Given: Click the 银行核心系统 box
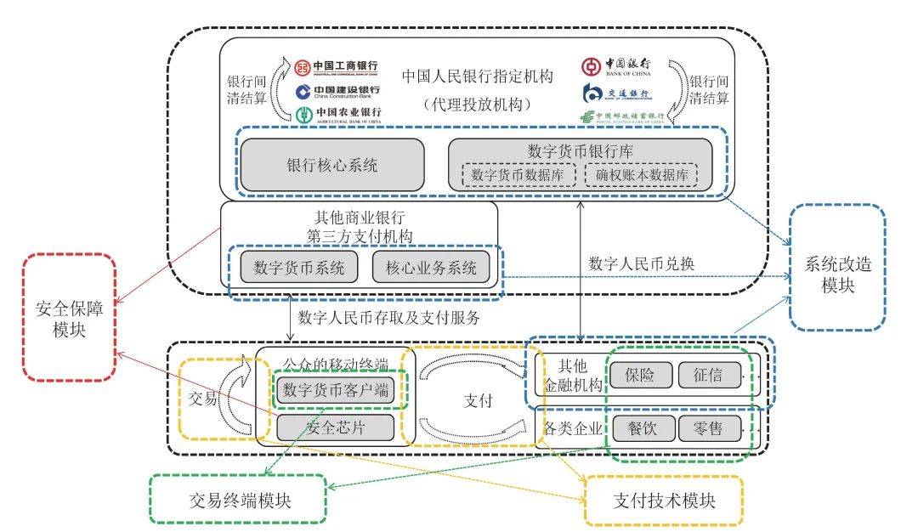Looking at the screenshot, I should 331,165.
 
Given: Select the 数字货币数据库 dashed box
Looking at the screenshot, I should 523,175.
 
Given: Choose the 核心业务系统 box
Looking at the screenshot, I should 431,268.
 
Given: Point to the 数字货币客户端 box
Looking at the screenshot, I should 336,391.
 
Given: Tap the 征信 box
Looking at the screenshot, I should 709,375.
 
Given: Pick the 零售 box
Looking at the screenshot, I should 709,428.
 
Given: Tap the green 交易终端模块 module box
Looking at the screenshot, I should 238,498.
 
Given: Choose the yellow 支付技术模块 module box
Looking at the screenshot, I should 664,500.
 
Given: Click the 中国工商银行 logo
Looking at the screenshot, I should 337,66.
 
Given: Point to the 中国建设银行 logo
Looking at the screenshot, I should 337,91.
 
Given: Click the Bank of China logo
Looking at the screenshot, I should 616,66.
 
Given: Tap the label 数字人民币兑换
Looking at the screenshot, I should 642,263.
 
